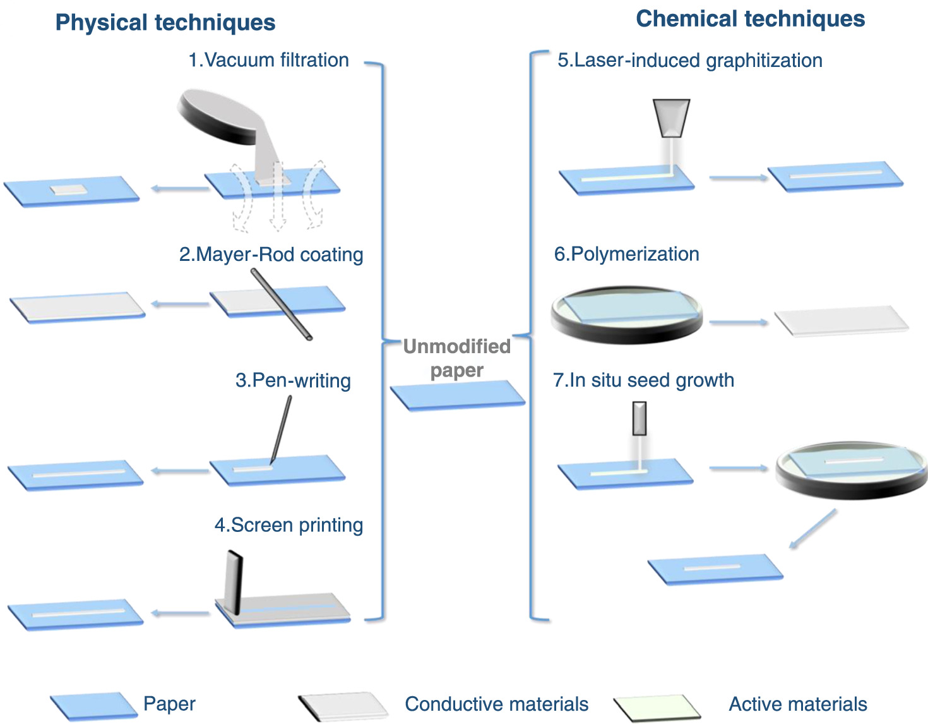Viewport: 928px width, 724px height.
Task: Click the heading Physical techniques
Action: pos(165,23)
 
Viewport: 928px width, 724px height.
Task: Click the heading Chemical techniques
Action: pos(750,19)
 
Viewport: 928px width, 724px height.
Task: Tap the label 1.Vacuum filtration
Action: pos(268,60)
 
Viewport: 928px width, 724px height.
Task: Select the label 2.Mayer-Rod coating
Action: pos(271,255)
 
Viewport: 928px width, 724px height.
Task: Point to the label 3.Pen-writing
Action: pos(293,381)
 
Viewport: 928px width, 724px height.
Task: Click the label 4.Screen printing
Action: pos(289,525)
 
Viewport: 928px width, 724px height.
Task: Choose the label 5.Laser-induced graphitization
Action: pos(689,61)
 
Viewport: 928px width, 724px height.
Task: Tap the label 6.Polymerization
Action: pos(626,254)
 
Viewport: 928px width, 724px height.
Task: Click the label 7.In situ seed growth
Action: pos(643,380)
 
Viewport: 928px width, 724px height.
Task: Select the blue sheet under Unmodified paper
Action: pos(458,395)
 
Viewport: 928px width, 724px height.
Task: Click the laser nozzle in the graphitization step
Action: pos(671,118)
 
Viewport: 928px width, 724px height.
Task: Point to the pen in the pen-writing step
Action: pos(282,430)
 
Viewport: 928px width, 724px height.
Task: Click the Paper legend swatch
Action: pos(94,706)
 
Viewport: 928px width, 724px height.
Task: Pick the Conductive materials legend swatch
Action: pos(343,706)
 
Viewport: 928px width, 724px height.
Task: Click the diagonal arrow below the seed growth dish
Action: pos(812,529)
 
